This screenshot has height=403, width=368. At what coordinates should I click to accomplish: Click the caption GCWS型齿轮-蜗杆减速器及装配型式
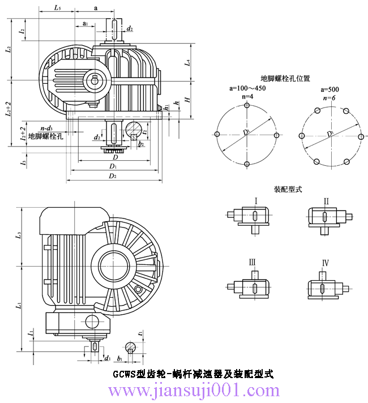pyautogui.click(x=193, y=374)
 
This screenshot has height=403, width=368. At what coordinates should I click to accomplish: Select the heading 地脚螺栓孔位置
pyautogui.click(x=285, y=79)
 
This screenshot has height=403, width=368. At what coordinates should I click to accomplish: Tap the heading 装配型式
pyautogui.click(x=288, y=190)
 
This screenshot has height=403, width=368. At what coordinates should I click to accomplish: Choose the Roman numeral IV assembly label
pyautogui.click(x=326, y=263)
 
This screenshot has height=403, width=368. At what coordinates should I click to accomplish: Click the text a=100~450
pyautogui.click(x=247, y=89)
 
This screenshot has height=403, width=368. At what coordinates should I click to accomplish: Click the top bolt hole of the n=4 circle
pyautogui.click(x=247, y=104)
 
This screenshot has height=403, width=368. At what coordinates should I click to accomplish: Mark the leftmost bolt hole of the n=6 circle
pyautogui.click(x=302, y=135)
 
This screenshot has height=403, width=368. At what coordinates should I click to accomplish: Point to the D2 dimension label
pyautogui.click(x=113, y=177)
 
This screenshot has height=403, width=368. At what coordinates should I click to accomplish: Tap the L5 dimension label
pyautogui.click(x=58, y=8)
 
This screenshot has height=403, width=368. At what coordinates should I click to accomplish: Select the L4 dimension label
pyautogui.click(x=187, y=63)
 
